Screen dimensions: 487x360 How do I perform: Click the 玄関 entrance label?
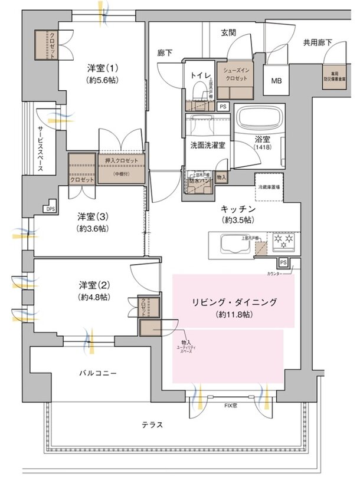pos(228,33)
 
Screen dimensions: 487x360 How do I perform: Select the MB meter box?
pos(276,81)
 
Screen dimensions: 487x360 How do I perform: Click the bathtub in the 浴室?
pos(260,121)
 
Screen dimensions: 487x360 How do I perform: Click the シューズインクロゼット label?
pos(235,74)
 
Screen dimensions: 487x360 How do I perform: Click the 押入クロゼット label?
pos(121,161)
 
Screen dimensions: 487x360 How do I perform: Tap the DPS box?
pos(50,208)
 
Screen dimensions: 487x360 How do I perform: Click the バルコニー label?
pos(99,374)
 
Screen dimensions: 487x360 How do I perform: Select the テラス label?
pos(152,425)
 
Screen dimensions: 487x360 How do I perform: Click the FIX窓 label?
pos(231,406)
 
